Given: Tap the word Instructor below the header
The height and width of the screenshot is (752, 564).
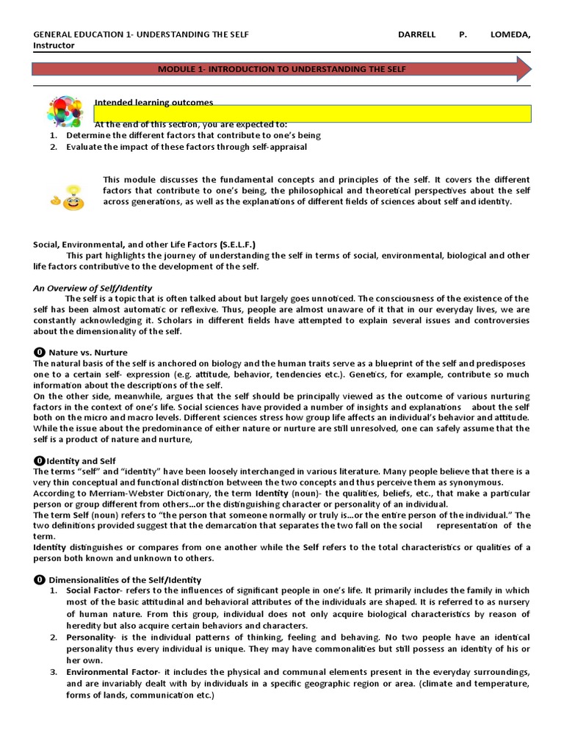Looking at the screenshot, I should (54, 46).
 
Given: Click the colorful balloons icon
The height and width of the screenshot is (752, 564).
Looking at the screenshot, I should (65, 112).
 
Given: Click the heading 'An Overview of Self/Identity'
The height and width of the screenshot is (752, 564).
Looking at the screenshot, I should (93, 288).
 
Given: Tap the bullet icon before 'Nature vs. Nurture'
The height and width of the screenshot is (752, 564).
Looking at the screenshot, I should (39, 352).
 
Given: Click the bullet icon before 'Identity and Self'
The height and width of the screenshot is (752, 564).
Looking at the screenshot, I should (39, 460).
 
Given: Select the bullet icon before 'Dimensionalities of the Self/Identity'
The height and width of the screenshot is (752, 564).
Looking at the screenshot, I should (39, 579).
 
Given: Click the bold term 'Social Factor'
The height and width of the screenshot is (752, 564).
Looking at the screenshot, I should (93, 590).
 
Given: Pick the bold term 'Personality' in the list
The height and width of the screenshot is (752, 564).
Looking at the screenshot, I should (89, 637).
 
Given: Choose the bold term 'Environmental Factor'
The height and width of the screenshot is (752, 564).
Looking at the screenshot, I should (110, 672).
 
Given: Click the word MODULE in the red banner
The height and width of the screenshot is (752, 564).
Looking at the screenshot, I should (176, 69).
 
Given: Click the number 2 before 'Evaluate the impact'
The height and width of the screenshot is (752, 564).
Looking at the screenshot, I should (53, 146).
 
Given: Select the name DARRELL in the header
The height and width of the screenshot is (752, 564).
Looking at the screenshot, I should (416, 35).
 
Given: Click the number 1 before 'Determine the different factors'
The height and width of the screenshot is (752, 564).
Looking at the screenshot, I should (53, 135).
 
